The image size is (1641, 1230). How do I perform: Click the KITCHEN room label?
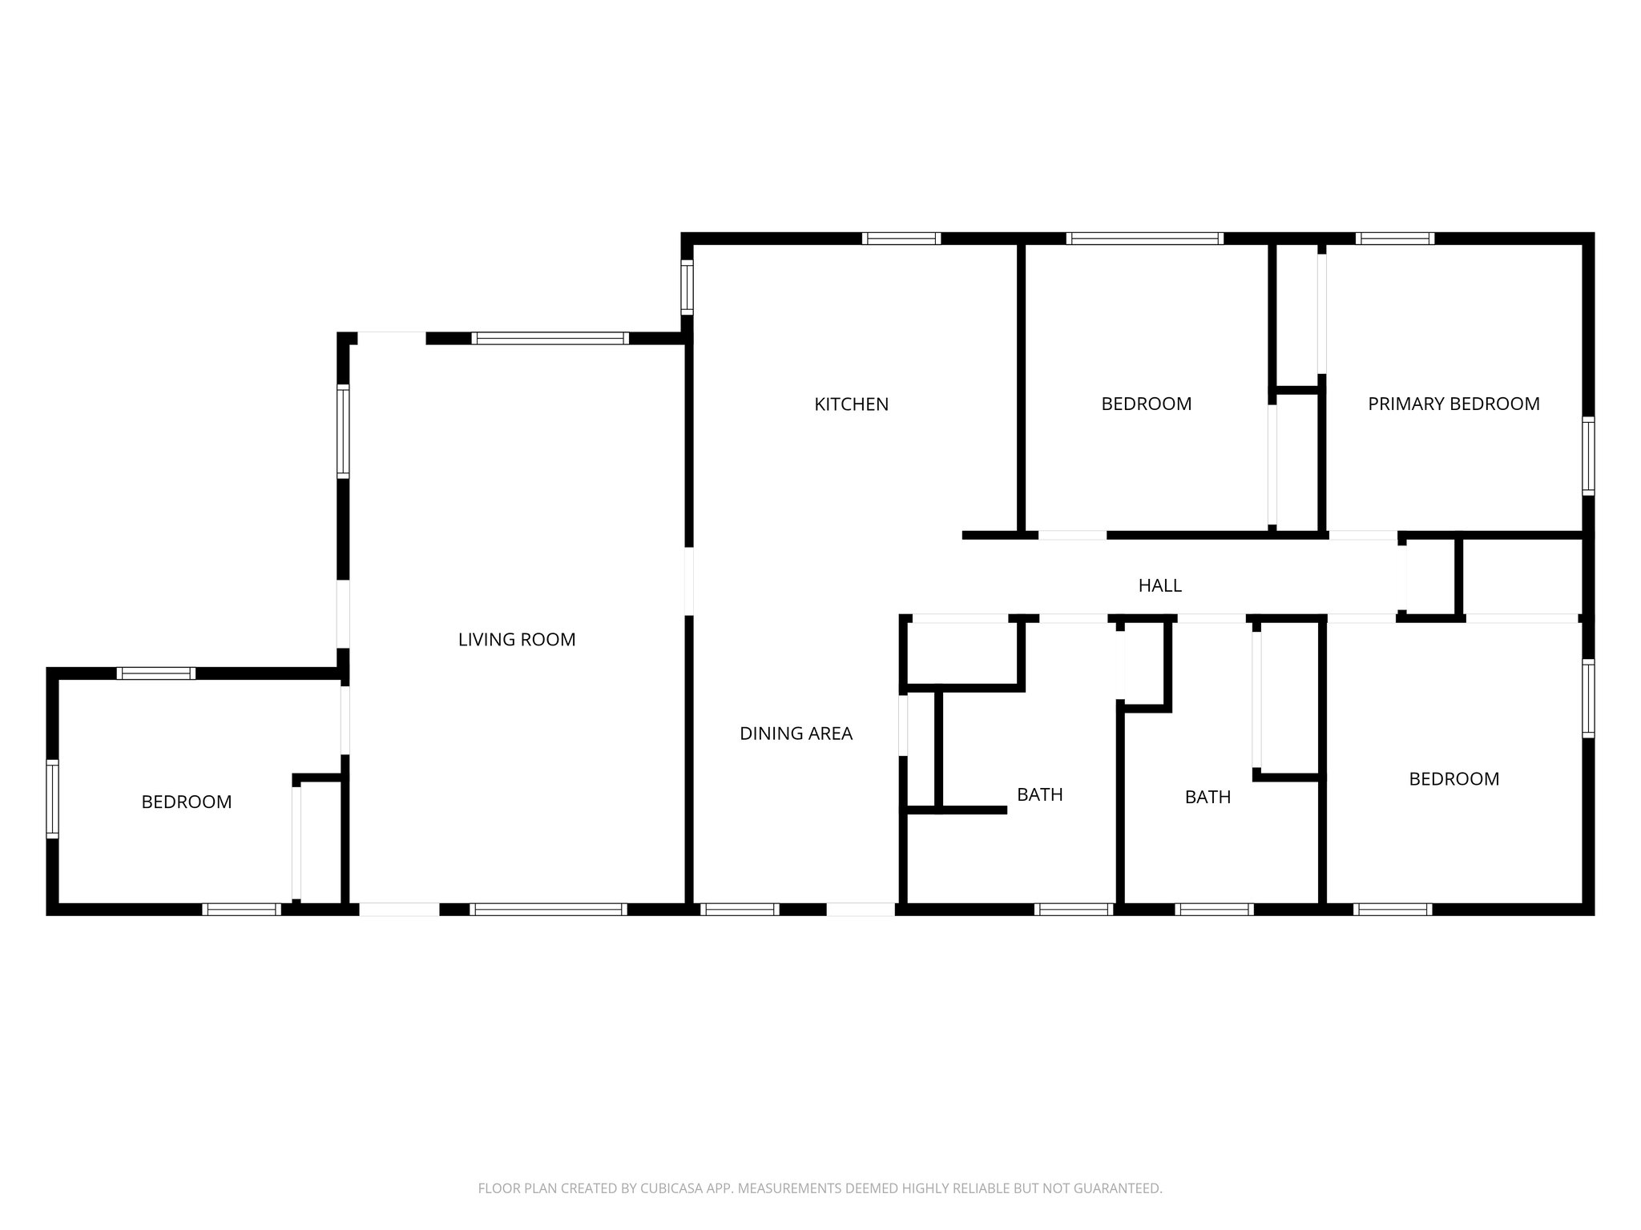(x=851, y=404)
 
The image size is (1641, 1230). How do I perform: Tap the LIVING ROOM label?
(x=517, y=640)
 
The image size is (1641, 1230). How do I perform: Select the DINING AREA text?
(x=796, y=734)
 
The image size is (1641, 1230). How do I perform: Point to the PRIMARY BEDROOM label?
(x=1454, y=404)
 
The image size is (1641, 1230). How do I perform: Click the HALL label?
(x=1159, y=585)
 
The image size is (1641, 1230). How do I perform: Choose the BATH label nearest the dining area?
(x=1039, y=794)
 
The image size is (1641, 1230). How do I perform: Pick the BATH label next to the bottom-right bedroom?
(x=1208, y=797)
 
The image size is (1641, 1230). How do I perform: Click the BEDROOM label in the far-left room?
(x=186, y=802)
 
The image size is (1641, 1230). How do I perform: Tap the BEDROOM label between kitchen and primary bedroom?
(x=1146, y=404)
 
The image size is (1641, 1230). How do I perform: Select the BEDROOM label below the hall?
(x=1454, y=778)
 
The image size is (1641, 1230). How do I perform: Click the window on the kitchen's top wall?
(x=901, y=238)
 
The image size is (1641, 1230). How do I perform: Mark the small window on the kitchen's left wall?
(x=687, y=287)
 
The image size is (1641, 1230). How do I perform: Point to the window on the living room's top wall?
(x=550, y=338)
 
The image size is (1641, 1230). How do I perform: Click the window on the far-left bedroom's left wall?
(x=52, y=798)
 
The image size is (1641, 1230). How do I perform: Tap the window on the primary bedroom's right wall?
(x=1587, y=455)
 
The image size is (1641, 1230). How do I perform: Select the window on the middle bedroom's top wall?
(x=1144, y=238)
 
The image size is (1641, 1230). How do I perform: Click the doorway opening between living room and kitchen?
(x=688, y=581)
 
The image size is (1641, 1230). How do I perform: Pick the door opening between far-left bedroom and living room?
(x=345, y=719)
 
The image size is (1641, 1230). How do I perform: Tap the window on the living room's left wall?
(x=343, y=431)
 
